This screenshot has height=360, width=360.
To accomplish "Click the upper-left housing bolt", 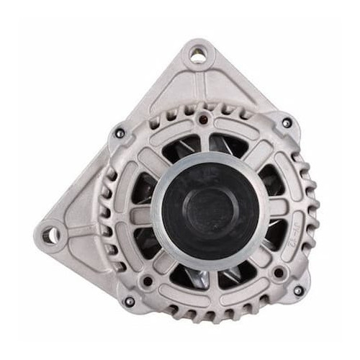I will pos(119,132).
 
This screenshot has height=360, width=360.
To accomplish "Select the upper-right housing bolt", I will pos(287,123).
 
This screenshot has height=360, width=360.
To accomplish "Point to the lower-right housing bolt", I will pos(297,291).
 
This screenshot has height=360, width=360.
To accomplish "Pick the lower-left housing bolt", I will pos(130,301).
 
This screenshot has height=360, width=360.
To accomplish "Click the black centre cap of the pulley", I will pos(209,210).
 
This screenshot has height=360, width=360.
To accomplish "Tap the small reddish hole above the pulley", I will pos(204,119).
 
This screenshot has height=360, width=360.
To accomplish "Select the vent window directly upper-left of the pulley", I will pos(176,148).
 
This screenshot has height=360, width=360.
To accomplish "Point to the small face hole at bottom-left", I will pos(148,282).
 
